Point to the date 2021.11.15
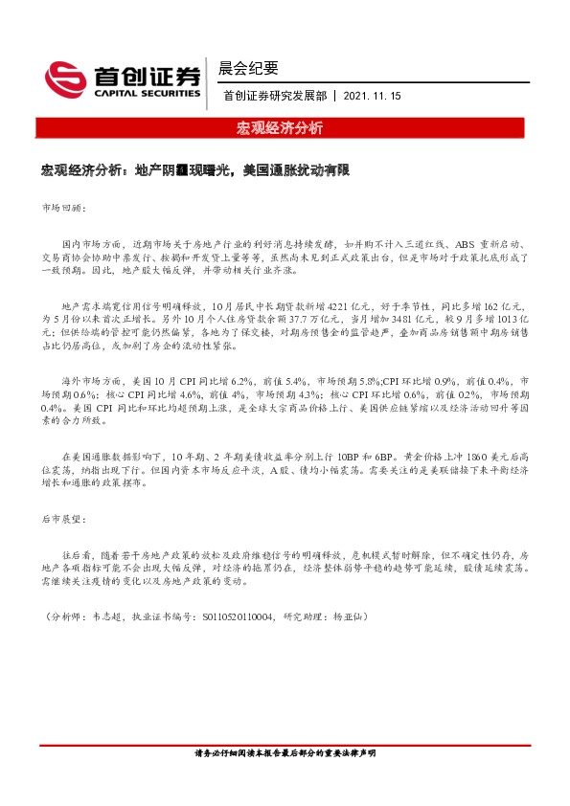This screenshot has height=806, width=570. (x=372, y=96)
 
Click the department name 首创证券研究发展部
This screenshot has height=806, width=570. (x=273, y=96)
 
